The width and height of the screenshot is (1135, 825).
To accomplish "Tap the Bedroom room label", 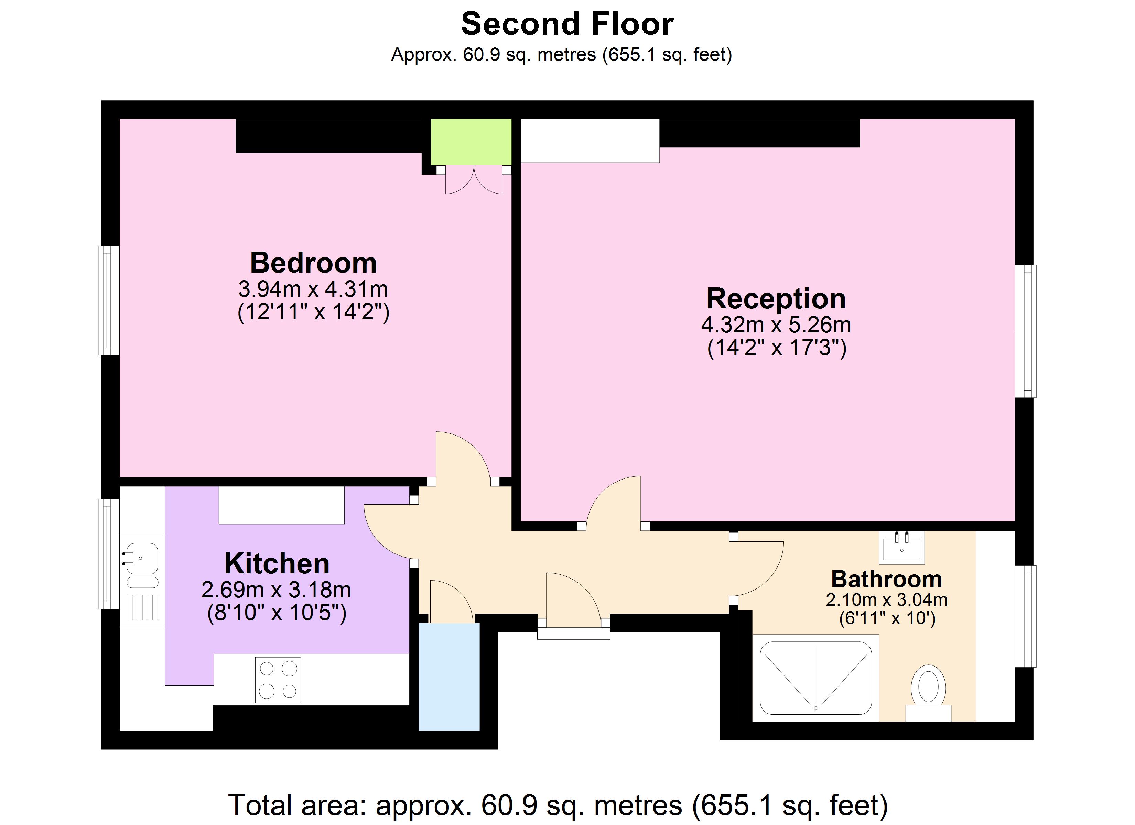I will click(313, 263).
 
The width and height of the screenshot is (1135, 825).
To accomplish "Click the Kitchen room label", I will click(277, 564).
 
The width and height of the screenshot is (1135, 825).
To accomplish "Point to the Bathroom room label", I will click(886, 579).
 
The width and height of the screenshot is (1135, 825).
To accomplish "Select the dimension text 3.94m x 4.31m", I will click(313, 289).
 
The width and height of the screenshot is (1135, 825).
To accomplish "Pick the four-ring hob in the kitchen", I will click(278, 680).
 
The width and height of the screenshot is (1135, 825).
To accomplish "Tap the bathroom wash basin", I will click(902, 548).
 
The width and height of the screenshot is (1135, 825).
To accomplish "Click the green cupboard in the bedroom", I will click(471, 142).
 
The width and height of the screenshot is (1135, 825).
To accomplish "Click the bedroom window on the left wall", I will click(108, 300).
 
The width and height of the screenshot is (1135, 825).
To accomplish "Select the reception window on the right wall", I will click(1025, 331).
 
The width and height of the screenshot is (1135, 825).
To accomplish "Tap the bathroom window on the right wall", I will click(1025, 616).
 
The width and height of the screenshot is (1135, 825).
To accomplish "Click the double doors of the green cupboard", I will click(473, 181).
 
